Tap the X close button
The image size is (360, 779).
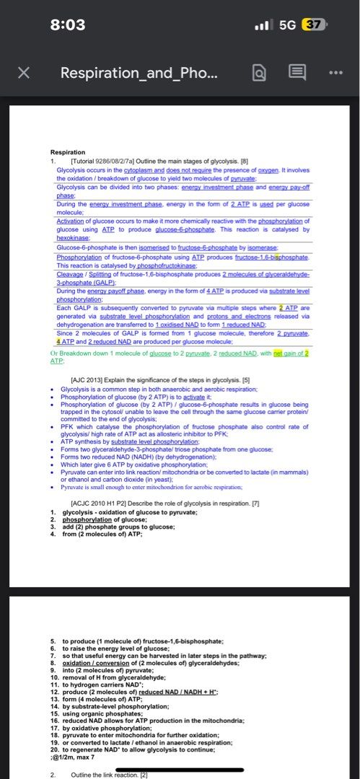[x=24, y=73]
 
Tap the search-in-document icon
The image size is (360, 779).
[x=261, y=73]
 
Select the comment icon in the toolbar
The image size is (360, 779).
[x=297, y=73]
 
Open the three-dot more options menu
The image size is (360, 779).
[x=335, y=73]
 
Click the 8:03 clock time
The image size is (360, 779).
[x=68, y=25]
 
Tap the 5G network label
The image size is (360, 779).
[x=287, y=25]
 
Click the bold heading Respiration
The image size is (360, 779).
[x=68, y=152]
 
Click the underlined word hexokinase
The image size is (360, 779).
[x=73, y=237]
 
